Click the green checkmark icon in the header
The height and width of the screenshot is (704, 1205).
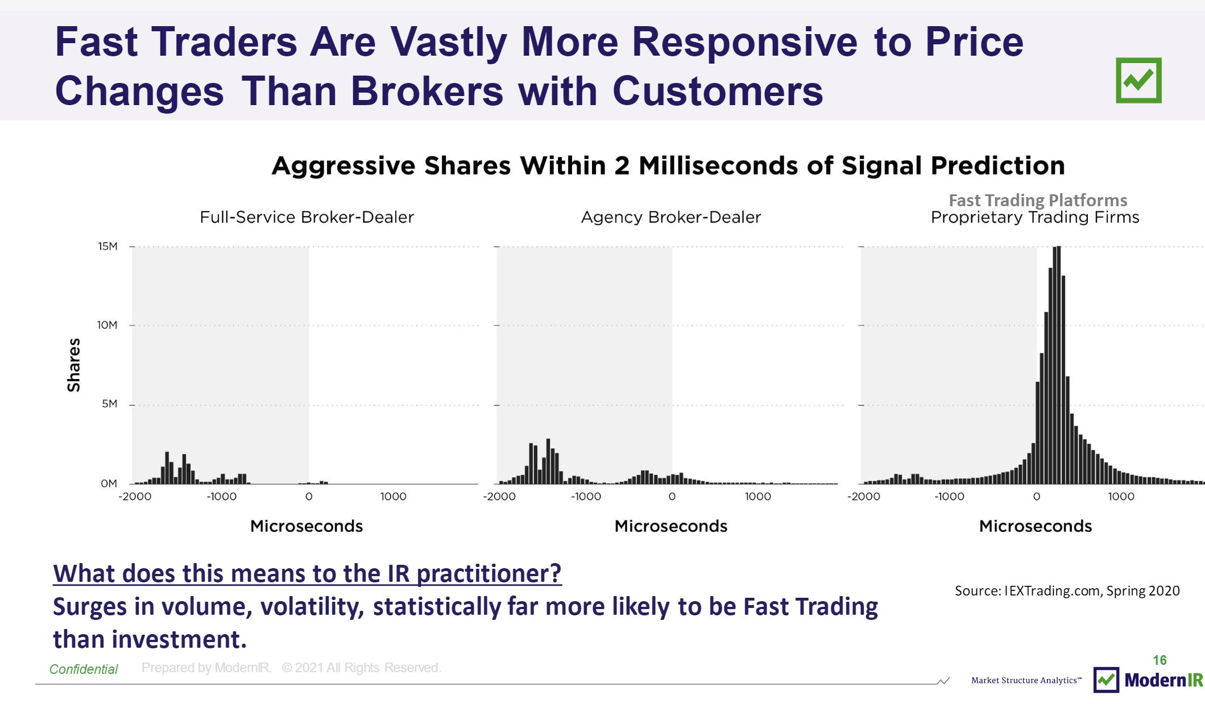[x=1138, y=80]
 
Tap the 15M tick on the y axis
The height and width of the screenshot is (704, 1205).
[x=108, y=247]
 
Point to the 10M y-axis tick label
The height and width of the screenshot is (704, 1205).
[x=107, y=325]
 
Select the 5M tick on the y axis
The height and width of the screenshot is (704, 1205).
[x=110, y=404]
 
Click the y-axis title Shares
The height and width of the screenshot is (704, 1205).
[x=74, y=365]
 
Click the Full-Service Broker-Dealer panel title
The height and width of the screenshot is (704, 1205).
[x=307, y=217]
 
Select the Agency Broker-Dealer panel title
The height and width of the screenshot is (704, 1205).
[x=670, y=217]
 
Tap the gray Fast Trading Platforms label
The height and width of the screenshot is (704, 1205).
[x=1038, y=200]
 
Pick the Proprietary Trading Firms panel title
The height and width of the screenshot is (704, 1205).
[x=1035, y=217]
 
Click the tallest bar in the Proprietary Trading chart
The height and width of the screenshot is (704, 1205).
[x=1057, y=364]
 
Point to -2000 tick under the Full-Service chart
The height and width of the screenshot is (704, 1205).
[x=135, y=497]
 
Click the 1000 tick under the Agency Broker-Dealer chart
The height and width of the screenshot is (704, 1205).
[x=757, y=497]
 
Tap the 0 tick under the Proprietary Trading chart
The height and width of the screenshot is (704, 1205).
[x=1036, y=497]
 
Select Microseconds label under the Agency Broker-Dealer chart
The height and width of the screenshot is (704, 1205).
[x=670, y=526]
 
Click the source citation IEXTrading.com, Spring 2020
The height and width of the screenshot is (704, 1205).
[x=1067, y=591]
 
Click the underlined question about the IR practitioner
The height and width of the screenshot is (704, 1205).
[x=307, y=573]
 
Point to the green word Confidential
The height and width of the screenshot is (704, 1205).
[x=84, y=669]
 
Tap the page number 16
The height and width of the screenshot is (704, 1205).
[x=1160, y=660]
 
